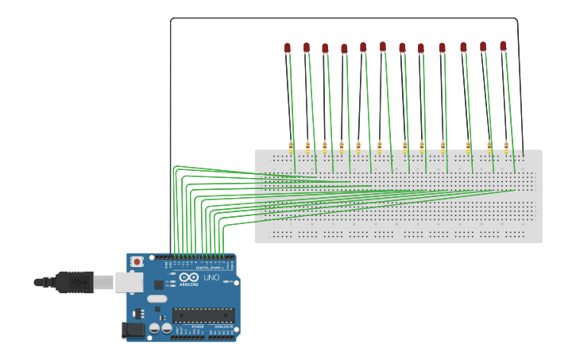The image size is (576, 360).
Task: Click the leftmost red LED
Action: pos(288,48)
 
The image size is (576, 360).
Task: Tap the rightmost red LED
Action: pos(503,46)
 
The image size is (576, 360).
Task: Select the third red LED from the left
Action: pos(325,48)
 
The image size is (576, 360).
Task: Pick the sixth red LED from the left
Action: pos(383,47)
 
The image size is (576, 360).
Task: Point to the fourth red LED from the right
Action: pos(443,48)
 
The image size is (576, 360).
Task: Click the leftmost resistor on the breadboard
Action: pos(291,147)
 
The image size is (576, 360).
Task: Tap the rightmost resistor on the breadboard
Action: pos(506,147)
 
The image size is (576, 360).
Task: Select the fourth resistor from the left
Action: pos(342,147)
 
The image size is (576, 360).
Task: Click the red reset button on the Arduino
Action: pos(137,261)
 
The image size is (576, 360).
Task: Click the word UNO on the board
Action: pos(211,278)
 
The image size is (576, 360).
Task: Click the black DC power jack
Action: pos(133,329)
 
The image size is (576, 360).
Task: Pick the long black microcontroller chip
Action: pos(203,315)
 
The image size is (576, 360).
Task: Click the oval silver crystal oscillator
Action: pos(157,300)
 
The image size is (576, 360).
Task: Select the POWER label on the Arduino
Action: pos(196,327)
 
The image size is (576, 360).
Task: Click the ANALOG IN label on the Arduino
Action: pos(222,327)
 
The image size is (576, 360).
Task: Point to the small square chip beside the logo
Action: pos(158,285)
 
